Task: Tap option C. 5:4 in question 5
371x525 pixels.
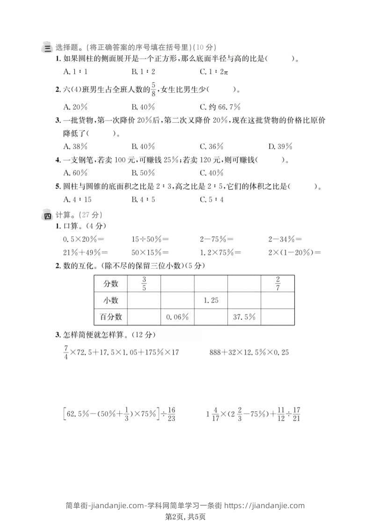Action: tap(212, 199)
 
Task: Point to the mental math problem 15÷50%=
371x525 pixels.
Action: tap(150, 239)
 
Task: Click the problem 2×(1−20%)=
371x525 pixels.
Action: tap(295, 253)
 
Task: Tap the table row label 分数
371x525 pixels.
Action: tap(110, 284)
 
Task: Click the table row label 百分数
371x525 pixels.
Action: tap(111, 317)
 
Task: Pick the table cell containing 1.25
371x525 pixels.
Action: tap(211, 300)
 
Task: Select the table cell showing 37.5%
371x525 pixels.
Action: tap(244, 317)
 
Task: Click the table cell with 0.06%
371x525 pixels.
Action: tap(177, 317)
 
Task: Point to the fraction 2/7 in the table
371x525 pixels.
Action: tap(277, 284)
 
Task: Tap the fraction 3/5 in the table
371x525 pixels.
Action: tap(144, 284)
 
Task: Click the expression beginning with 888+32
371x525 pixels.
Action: tap(248, 352)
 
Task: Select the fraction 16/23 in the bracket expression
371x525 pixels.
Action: tap(171, 414)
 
